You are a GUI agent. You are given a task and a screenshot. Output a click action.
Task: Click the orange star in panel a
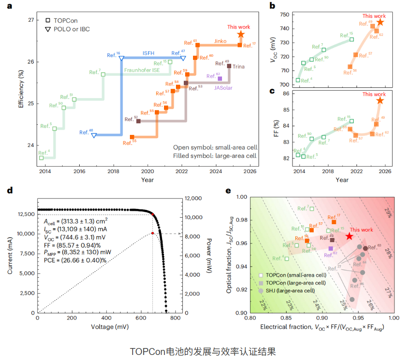point(240,35)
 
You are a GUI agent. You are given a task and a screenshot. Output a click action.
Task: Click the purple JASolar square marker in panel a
point(220,78)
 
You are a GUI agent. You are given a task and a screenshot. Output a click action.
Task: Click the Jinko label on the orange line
point(221,41)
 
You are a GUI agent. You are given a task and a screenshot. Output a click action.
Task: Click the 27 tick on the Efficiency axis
point(30,20)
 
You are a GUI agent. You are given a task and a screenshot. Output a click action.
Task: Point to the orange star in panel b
point(380,23)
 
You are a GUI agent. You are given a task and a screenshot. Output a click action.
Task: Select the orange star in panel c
point(380,101)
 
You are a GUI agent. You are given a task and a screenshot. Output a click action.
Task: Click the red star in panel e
point(350,236)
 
